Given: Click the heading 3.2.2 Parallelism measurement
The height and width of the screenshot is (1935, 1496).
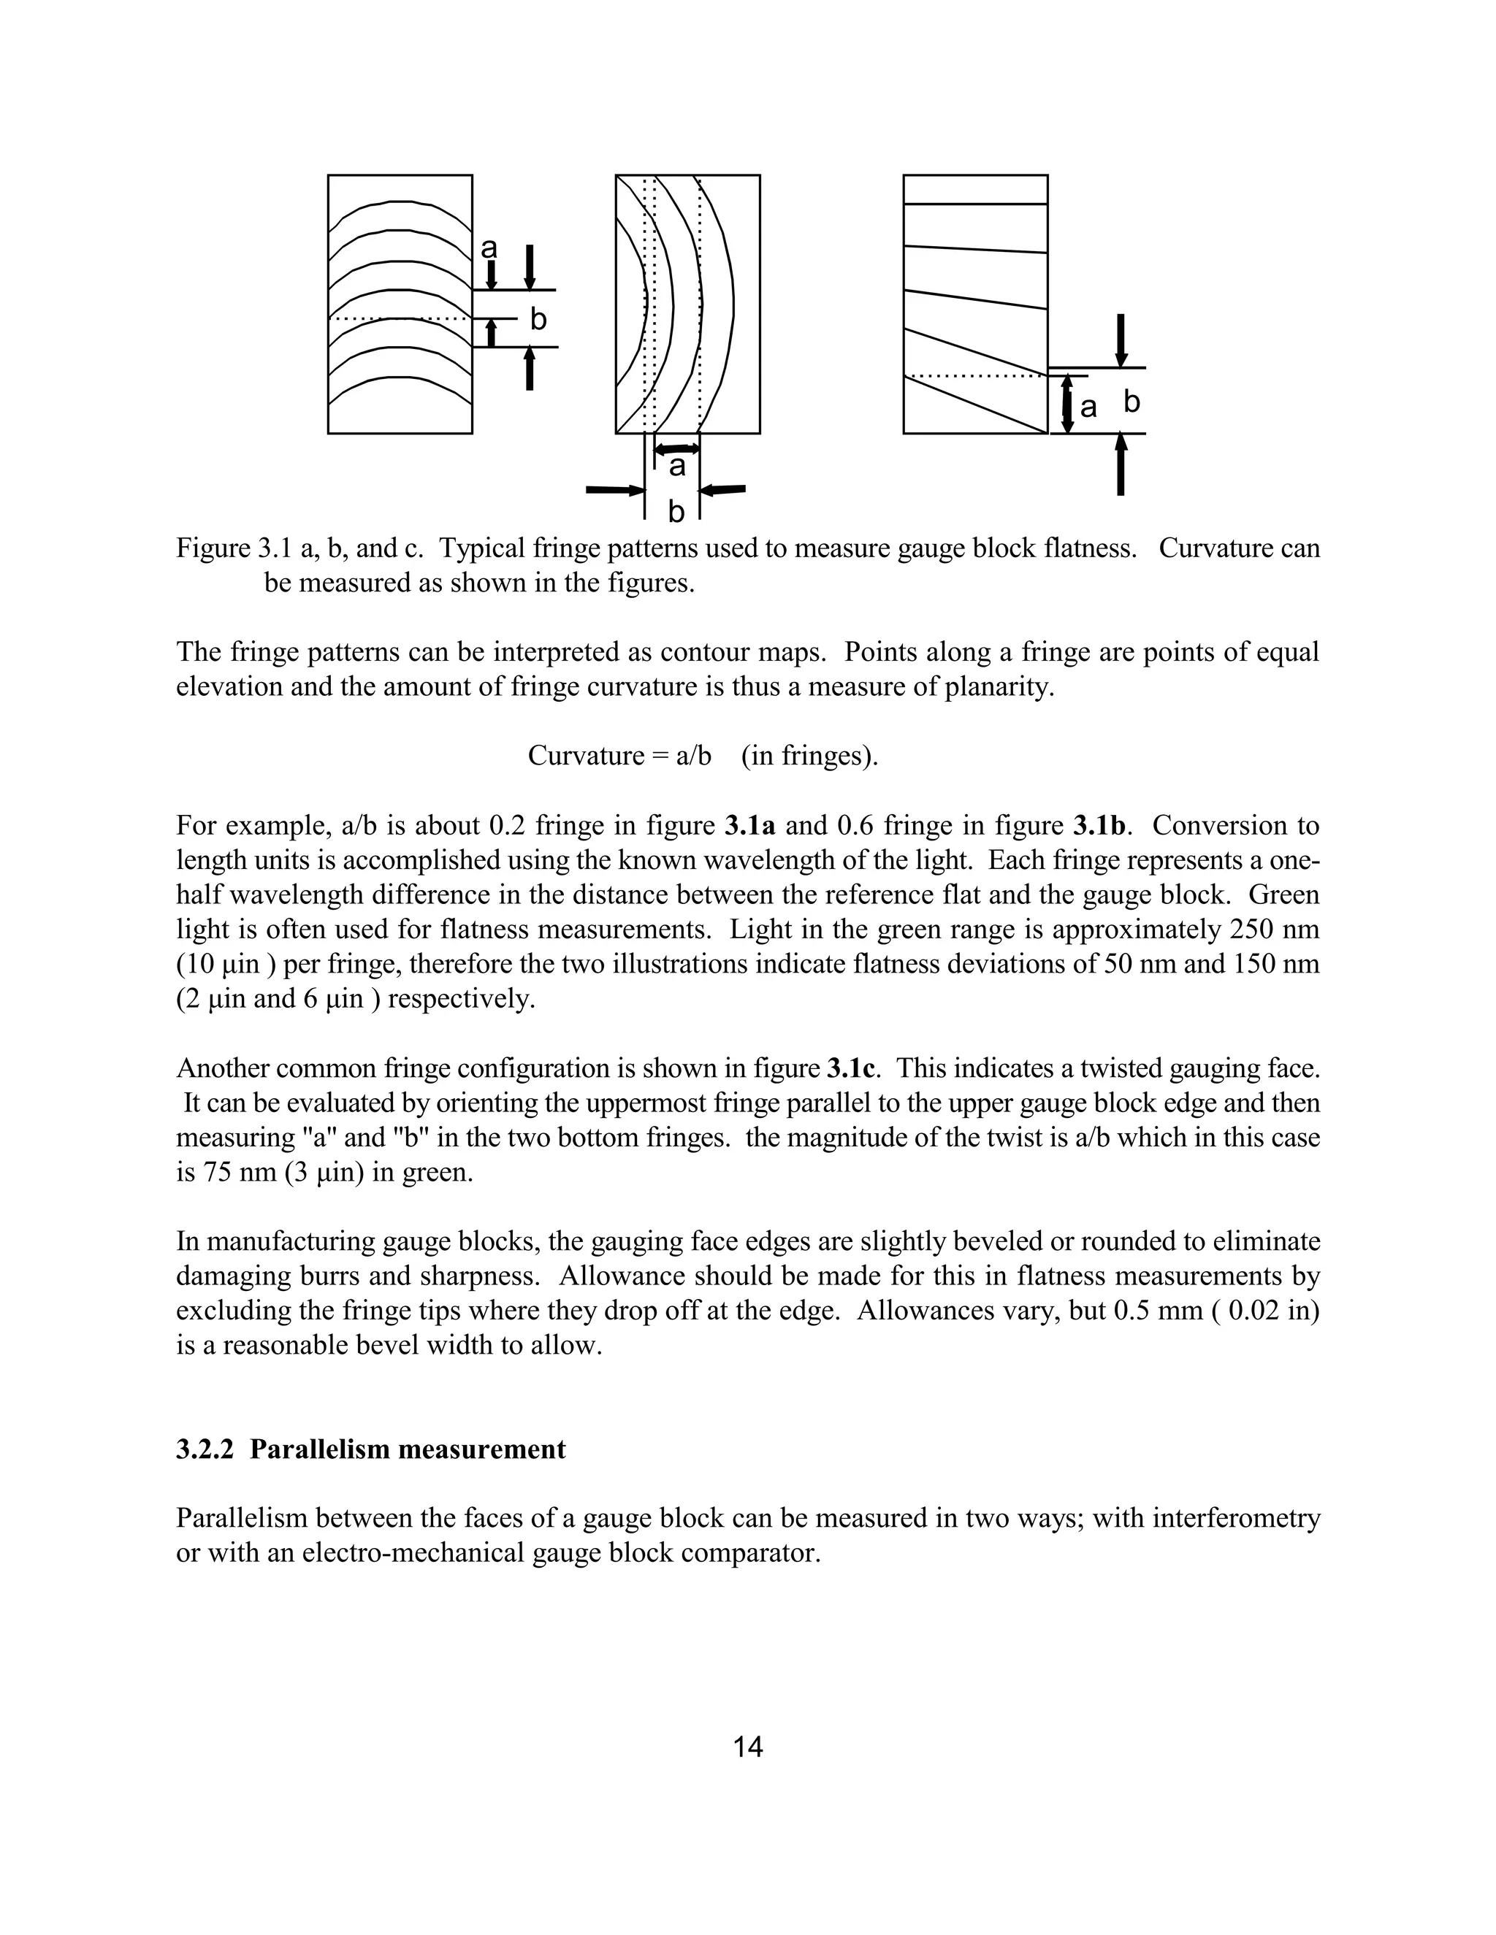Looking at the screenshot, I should (370, 1449).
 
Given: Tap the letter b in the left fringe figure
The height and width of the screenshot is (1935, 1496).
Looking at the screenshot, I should (538, 320).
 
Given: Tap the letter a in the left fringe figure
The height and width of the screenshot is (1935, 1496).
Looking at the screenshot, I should (489, 248).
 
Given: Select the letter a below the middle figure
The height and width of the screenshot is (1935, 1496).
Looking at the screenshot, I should (677, 467).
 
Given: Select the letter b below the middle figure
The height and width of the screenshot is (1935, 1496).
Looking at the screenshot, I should (676, 511).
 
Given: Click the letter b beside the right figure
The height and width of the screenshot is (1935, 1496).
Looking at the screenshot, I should (1131, 402).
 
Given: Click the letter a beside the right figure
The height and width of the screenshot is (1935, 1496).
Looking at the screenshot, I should (1088, 407).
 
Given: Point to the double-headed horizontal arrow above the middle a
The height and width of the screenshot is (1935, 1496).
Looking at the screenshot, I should (677, 450).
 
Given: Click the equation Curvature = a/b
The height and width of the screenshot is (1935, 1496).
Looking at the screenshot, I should (619, 756).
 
